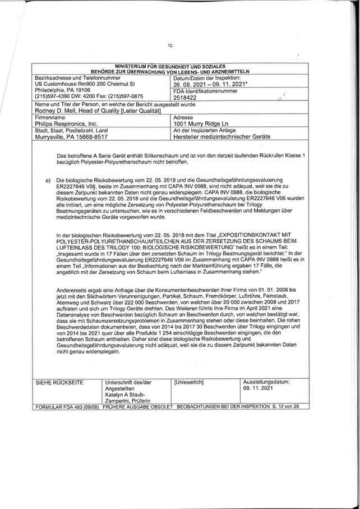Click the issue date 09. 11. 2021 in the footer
pyautogui.click(x=260, y=387)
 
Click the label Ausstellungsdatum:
pyautogui.click(x=266, y=381)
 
